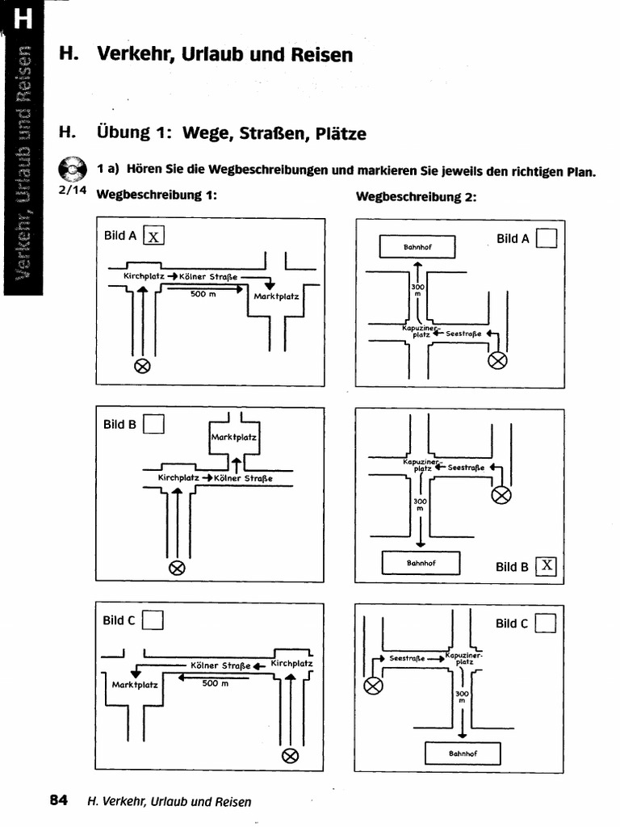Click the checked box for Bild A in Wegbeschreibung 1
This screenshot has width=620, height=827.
153,235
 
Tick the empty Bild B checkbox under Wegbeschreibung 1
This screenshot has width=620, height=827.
154,424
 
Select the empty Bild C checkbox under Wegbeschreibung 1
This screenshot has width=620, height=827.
153,620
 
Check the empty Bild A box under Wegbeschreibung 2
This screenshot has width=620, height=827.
547,238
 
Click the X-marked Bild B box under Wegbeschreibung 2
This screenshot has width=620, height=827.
547,566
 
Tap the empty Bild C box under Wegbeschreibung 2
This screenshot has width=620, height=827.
546,623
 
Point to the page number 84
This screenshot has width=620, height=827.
58,800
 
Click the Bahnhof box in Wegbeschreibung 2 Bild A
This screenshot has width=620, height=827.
418,246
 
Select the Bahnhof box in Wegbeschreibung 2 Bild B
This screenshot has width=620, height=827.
421,563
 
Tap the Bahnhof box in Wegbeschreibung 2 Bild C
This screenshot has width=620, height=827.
463,754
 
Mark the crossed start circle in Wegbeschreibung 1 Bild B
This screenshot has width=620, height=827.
177,567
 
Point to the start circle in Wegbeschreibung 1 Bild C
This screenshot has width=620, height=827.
289,756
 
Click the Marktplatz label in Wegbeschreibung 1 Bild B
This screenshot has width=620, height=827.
234,438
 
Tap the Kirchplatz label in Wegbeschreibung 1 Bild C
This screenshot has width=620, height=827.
291,663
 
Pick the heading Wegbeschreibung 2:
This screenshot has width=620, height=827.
416,196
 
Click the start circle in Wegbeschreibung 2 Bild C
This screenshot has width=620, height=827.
373,686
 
